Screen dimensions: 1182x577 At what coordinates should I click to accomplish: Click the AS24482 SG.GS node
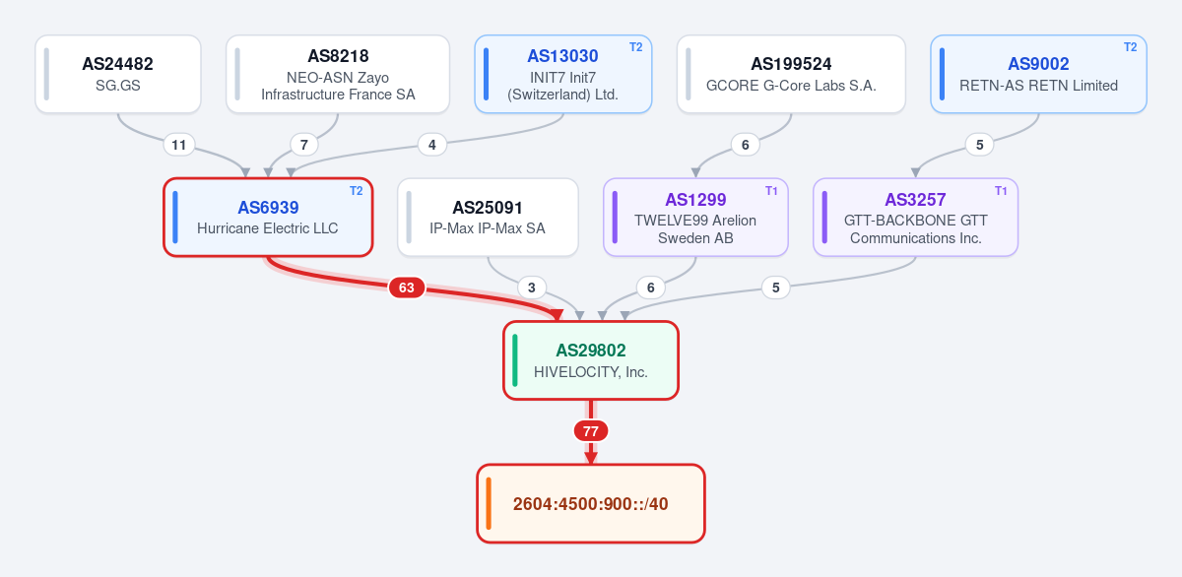[118, 74]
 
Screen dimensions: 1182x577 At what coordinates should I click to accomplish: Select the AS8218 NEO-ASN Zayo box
[338, 74]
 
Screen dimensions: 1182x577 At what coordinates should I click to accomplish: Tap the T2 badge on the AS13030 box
[636, 47]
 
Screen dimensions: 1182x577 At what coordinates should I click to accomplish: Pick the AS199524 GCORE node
[791, 74]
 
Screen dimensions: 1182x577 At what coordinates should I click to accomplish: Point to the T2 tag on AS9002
[1131, 47]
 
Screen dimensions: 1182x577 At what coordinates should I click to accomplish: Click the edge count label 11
[179, 145]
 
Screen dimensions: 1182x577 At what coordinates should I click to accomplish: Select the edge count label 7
[304, 145]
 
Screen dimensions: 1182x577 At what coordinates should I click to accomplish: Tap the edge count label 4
[432, 145]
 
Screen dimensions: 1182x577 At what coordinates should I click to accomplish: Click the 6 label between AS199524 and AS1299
[745, 145]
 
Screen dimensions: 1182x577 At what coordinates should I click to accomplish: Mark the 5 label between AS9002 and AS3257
[979, 145]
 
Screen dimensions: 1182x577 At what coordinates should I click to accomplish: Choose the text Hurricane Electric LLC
[268, 228]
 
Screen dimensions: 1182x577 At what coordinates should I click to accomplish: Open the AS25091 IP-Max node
[488, 218]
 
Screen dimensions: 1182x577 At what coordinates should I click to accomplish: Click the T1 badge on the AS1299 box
[771, 191]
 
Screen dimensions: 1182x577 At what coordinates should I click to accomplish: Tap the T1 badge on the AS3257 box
[1001, 191]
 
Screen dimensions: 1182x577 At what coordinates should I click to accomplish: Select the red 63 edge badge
[406, 288]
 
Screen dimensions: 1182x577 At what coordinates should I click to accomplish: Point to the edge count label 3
[531, 288]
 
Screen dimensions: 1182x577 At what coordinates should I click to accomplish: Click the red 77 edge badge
[590, 431]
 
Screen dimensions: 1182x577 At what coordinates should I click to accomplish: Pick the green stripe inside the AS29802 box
[515, 360]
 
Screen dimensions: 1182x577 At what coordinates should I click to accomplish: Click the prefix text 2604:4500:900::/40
[590, 504]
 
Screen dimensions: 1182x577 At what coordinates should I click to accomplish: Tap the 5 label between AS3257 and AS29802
[776, 288]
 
